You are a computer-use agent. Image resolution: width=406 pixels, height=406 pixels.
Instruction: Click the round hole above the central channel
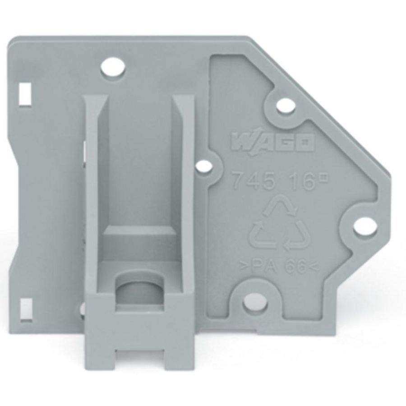point(113,68)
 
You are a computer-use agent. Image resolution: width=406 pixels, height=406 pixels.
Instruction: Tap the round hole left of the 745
point(208,165)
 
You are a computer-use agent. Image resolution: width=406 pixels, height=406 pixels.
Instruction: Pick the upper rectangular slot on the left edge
point(24,94)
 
